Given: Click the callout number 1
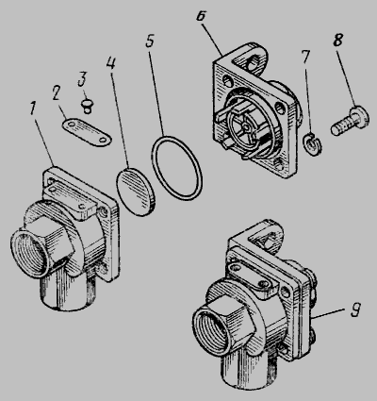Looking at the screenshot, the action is (x=33, y=108).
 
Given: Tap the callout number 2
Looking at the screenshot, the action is (x=57, y=92).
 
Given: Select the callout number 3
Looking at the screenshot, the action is (x=82, y=78).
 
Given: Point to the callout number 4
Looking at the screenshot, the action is (x=110, y=62).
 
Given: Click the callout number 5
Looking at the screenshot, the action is (x=151, y=41).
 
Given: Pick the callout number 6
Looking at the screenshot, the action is (x=202, y=16).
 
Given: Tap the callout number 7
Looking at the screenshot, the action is (x=305, y=56).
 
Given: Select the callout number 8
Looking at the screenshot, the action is (x=337, y=40).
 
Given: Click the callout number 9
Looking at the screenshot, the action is (x=355, y=309).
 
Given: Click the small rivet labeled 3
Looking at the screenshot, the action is (x=87, y=106).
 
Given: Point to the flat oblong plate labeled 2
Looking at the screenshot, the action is (x=87, y=132).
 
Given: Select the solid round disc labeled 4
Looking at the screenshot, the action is (x=136, y=192).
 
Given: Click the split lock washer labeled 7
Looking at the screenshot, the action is (x=313, y=143).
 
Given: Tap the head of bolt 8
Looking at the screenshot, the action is (x=360, y=117).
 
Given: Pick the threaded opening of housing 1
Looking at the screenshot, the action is (x=29, y=252).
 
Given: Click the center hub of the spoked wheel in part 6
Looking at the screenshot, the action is (x=248, y=126).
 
